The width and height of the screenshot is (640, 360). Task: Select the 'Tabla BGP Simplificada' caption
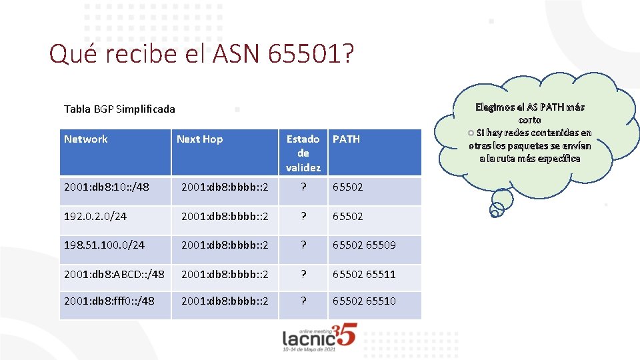pos(119,109)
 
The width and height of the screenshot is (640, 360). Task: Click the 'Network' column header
pos(85,139)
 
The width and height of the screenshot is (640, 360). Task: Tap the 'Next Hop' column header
pos(199,139)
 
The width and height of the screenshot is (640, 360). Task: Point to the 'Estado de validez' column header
pos(303,153)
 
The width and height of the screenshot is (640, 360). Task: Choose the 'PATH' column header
pos(346,139)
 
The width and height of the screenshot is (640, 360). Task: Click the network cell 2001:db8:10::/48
pos(107,187)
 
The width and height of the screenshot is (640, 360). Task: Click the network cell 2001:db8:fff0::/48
pos(109,301)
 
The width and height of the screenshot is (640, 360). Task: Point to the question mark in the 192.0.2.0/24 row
pos(303,216)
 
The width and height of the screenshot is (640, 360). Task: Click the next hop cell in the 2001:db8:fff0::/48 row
pos(225,301)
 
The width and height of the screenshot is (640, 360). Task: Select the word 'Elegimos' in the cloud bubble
pos(497,107)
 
